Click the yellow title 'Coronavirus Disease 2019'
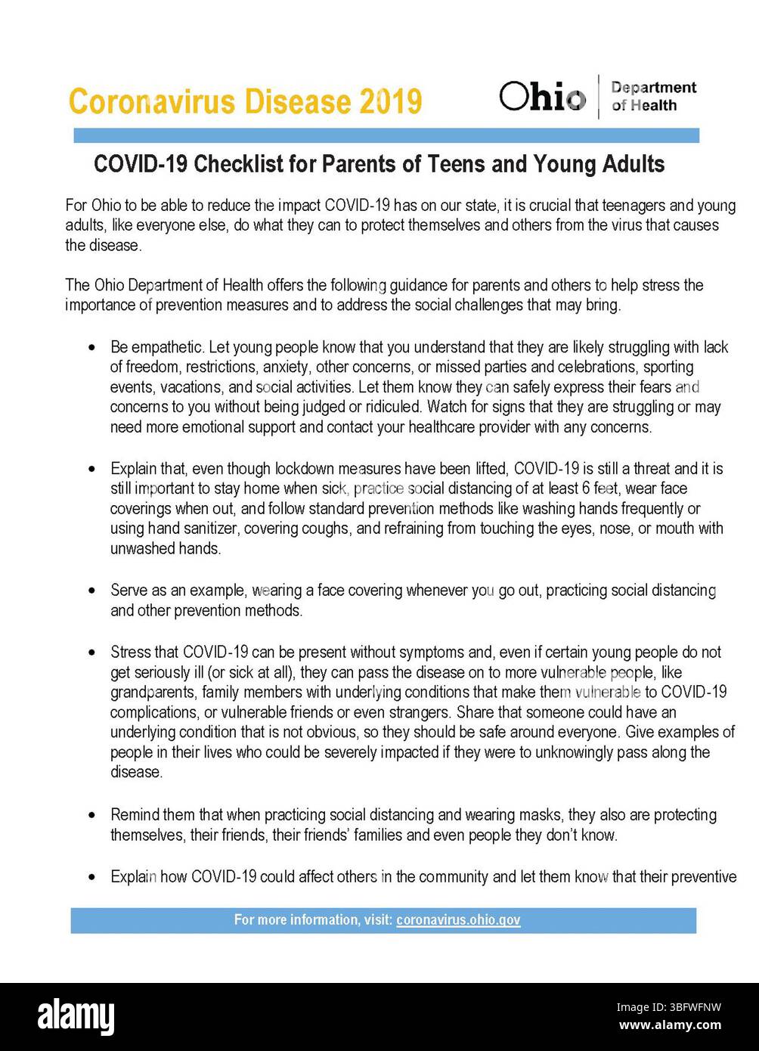(x=244, y=101)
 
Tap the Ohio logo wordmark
(x=542, y=97)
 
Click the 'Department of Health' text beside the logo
(x=653, y=97)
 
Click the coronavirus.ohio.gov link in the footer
(x=458, y=920)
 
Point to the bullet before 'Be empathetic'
(x=92, y=348)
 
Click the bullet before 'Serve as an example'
(x=92, y=591)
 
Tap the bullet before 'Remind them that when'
(x=92, y=815)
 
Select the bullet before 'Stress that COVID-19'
(x=92, y=653)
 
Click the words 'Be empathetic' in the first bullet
(x=156, y=348)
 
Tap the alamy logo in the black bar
(x=76, y=1015)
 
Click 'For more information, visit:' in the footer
(x=313, y=920)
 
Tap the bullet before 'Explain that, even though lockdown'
(x=92, y=469)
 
